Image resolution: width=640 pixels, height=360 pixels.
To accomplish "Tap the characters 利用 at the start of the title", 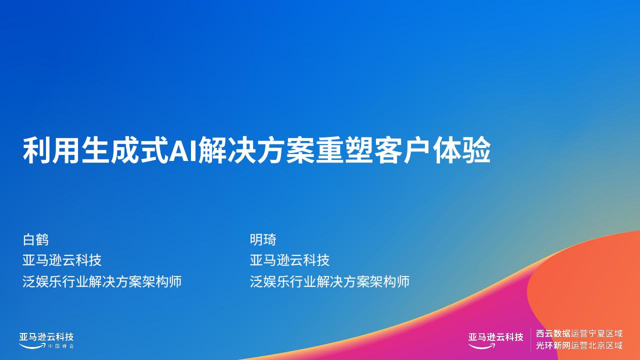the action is click(x=51, y=150).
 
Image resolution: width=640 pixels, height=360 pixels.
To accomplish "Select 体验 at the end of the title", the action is click(x=462, y=150).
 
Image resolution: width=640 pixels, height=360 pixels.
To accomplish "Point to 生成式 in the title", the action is click(x=124, y=150).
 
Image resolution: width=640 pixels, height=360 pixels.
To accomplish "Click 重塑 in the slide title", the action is click(x=344, y=150).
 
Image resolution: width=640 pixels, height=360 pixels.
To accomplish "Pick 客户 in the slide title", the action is click(x=403, y=150).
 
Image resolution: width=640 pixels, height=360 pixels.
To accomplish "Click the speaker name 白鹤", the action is click(x=35, y=239).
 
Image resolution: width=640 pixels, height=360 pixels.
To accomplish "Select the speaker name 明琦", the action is click(x=263, y=239).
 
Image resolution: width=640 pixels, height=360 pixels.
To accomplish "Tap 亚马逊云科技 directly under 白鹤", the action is click(x=62, y=260).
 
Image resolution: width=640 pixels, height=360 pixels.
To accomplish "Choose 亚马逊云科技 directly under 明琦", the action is click(x=289, y=260).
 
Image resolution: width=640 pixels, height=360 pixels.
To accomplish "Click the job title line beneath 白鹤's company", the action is click(x=102, y=281).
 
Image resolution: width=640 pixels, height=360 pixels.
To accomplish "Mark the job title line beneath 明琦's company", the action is click(x=329, y=281).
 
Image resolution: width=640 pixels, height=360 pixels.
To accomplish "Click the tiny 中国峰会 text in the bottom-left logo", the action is click(x=61, y=346).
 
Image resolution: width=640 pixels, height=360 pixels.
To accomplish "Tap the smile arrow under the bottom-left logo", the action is click(x=32, y=346).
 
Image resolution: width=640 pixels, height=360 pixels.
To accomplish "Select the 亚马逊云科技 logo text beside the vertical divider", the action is click(x=495, y=337).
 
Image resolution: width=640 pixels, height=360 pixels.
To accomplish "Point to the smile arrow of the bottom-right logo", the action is click(x=482, y=346).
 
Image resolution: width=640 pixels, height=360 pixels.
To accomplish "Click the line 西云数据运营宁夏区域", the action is click(x=579, y=333).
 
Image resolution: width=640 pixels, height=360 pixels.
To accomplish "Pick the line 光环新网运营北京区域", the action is click(x=579, y=345).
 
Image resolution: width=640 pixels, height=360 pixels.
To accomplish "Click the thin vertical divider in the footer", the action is click(x=530, y=339).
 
